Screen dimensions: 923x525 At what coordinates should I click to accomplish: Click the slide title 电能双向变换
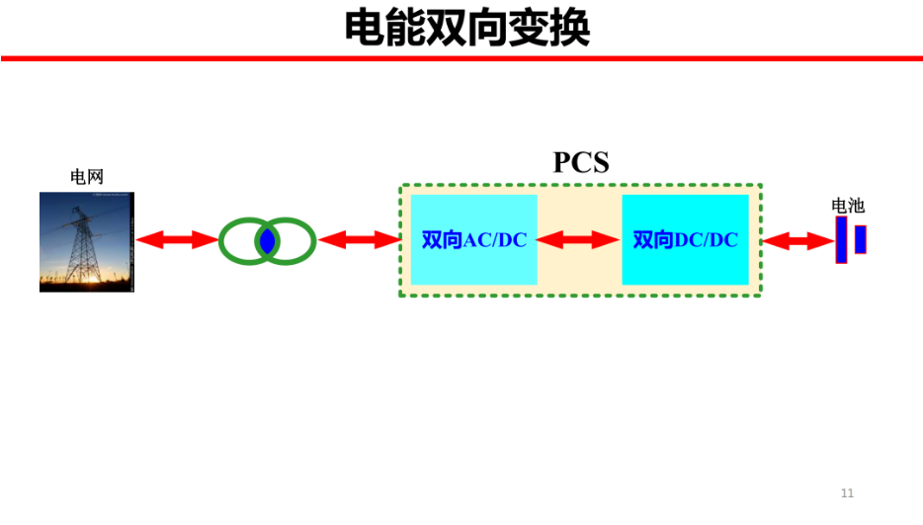point(466,28)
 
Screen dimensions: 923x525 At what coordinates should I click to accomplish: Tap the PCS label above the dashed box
point(581,162)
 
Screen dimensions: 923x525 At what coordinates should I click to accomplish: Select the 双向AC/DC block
point(474,240)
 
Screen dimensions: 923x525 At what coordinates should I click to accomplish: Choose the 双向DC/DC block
point(685,240)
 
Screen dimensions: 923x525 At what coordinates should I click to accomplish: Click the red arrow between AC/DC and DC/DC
point(577,240)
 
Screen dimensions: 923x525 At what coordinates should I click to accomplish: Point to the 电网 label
point(87,176)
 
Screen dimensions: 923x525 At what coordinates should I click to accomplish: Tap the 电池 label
point(848,206)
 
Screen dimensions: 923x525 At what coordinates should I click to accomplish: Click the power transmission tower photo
point(87,241)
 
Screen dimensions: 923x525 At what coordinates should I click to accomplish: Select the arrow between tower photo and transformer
point(177,240)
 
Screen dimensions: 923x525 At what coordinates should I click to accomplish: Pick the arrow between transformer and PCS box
point(360,240)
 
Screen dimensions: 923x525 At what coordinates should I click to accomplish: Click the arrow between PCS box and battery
point(797,241)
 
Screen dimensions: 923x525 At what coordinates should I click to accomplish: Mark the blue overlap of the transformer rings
point(267,241)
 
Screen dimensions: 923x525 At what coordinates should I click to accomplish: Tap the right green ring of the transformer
point(313,241)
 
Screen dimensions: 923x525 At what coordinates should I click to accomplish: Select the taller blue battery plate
point(842,240)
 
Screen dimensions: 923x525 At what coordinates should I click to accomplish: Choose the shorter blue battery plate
point(861,240)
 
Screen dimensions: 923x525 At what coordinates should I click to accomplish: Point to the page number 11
point(847,493)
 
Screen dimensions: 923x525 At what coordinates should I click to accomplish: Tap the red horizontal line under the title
point(461,58)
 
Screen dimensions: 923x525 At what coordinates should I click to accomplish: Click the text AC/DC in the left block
point(495,240)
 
